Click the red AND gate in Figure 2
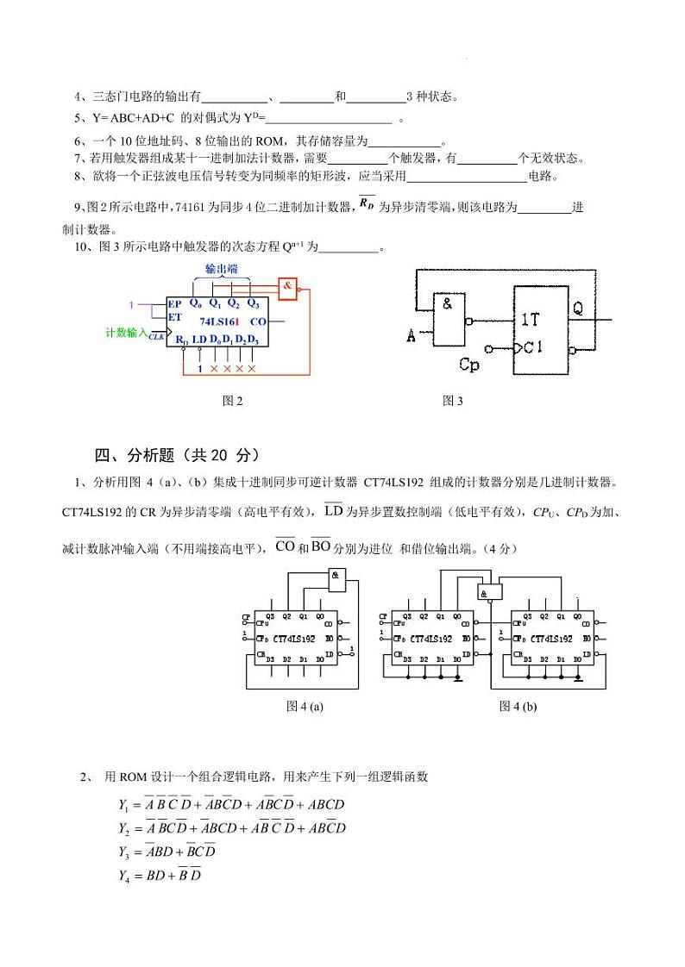pyautogui.click(x=288, y=287)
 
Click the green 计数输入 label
pyautogui.click(x=126, y=332)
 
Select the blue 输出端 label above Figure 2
pyautogui.click(x=221, y=269)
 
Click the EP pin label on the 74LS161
pyautogui.click(x=175, y=304)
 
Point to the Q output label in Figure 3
pyautogui.click(x=578, y=308)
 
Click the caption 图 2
pyautogui.click(x=232, y=401)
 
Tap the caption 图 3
pyautogui.click(x=453, y=401)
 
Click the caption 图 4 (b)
pyautogui.click(x=518, y=706)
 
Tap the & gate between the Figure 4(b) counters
pyautogui.click(x=489, y=592)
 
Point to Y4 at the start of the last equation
pyautogui.click(x=123, y=877)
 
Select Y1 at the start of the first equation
pyautogui.click(x=123, y=805)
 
